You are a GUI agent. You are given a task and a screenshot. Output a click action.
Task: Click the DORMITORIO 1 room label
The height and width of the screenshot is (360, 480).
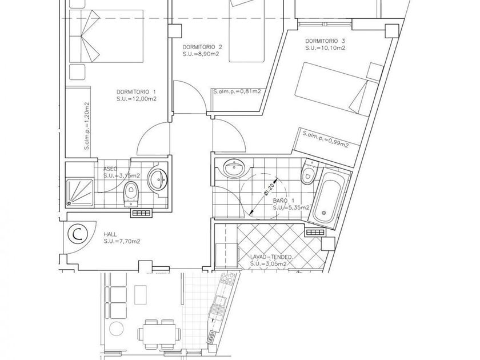pos(137,91)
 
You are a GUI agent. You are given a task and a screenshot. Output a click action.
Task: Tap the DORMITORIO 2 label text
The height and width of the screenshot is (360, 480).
pos(202,47)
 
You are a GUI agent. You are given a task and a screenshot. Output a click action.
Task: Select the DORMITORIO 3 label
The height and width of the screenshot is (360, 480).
pos(325,41)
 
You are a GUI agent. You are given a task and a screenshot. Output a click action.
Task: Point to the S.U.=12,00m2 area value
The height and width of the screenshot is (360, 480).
pos(137,99)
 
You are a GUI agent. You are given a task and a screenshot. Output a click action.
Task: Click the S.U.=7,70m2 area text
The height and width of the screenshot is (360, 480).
pos(122,242)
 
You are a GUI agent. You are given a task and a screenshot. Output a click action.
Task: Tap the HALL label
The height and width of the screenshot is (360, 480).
pos(110,234)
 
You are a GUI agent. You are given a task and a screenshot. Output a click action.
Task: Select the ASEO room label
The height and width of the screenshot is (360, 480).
pos(110,169)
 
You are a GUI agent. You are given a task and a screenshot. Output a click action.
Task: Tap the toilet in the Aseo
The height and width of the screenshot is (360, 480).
pos(131,193)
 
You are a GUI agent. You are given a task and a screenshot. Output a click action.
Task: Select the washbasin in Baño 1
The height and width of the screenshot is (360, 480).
pos(233,167)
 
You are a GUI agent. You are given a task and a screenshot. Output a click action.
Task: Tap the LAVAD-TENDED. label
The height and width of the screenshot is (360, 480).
pos(272,258)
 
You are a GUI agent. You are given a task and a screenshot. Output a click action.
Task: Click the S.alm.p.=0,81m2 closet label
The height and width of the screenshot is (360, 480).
pos(237,91)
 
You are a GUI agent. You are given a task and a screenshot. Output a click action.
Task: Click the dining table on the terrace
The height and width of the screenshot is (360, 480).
pos(158,334)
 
